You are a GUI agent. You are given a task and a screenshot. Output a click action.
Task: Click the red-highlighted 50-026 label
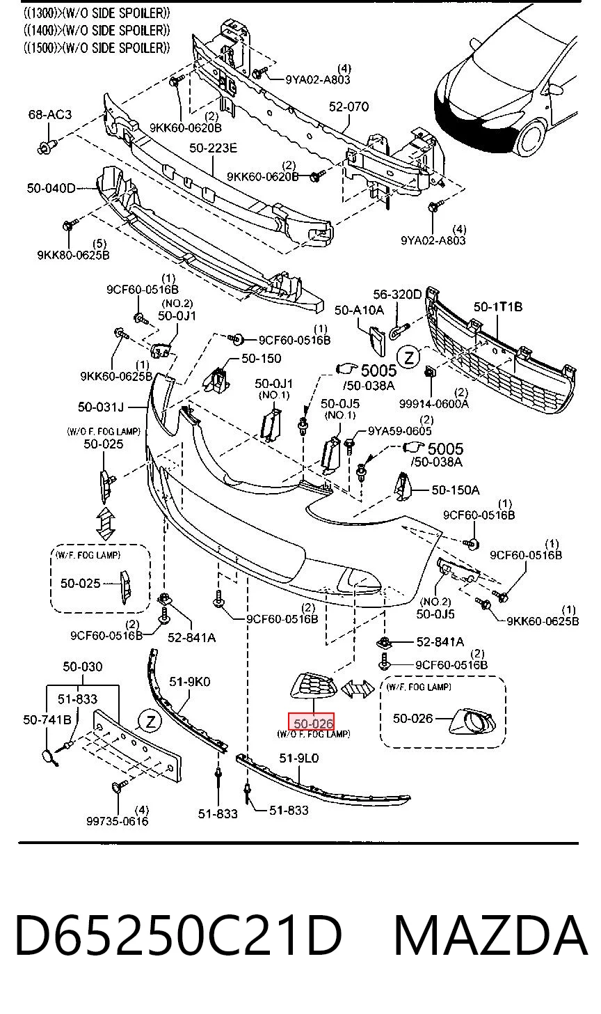(312, 722)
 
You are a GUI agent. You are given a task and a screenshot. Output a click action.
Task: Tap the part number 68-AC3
(50, 114)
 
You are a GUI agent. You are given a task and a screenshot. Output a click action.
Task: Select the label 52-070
(348, 107)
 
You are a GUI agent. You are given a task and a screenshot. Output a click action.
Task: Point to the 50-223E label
(213, 148)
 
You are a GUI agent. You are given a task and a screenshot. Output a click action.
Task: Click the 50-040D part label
(51, 188)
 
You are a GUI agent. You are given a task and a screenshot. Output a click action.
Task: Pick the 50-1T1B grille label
(498, 306)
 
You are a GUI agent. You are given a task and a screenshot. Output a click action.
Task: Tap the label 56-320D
(397, 294)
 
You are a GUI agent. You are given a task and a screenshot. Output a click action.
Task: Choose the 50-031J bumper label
(100, 407)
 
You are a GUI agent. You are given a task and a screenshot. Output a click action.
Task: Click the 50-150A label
(456, 490)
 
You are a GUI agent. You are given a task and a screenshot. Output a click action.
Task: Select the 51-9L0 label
(299, 758)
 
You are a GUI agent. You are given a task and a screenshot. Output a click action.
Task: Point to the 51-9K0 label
(190, 681)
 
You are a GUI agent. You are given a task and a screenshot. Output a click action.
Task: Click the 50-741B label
(47, 719)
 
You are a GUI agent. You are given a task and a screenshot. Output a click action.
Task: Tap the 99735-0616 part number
(118, 820)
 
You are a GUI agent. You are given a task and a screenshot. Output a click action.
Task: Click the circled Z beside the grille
(409, 358)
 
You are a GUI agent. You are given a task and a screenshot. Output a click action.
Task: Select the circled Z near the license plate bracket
(150, 721)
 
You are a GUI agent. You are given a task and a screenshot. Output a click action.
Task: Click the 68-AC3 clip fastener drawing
(47, 147)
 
